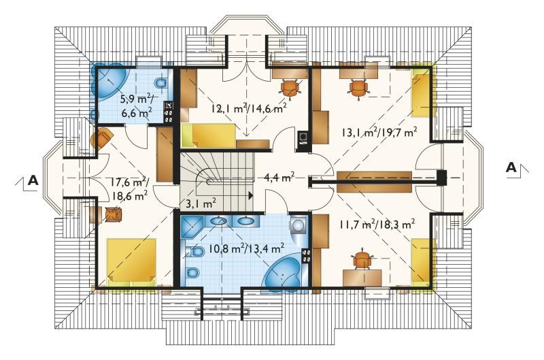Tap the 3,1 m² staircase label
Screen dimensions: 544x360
click(x=201, y=203)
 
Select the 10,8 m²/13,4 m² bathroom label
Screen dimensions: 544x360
click(x=247, y=248)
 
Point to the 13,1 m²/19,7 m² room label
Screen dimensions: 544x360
click(x=379, y=132)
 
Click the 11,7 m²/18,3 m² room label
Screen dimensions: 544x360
click(x=377, y=225)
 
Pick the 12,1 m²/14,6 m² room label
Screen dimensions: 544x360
click(x=249, y=109)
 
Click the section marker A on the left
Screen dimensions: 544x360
click(x=33, y=180)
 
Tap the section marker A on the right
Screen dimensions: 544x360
click(x=511, y=167)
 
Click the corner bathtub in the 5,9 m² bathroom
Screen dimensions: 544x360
click(x=111, y=82)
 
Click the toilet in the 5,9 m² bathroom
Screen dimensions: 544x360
click(x=160, y=83)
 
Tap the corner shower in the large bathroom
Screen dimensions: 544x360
click(x=193, y=227)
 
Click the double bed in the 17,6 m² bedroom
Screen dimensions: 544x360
click(x=131, y=261)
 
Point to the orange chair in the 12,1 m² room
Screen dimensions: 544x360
click(x=290, y=87)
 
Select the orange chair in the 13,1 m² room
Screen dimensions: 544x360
click(x=358, y=88)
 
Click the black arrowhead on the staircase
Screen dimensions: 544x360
click(x=250, y=195)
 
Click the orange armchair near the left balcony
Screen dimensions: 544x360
click(x=101, y=138)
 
